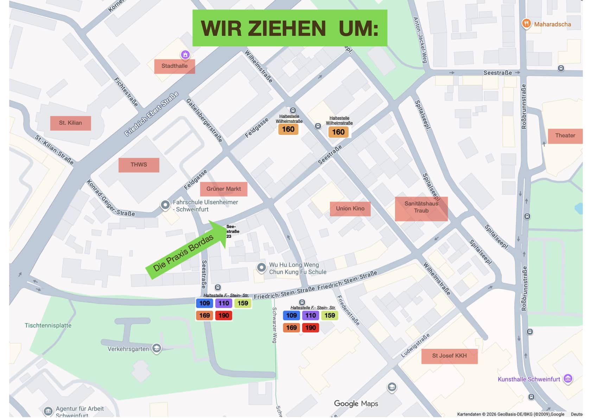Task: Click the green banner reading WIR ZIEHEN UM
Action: pos(289,28)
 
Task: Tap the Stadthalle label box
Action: pos(174,66)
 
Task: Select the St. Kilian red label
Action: pos(70,123)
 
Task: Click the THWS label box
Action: pos(139,165)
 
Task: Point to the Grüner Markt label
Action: pos(223,189)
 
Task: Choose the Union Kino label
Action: pos(350,209)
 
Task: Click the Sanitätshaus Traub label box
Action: pos(421,209)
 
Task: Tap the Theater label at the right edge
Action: pos(565,136)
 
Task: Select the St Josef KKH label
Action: pos(449,356)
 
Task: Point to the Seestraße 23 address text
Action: pos(232,231)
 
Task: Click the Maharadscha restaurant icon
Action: pos(526,24)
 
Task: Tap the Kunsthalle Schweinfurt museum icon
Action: pos(568,379)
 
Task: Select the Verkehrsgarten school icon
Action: pos(157,348)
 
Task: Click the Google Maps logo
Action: pos(356,404)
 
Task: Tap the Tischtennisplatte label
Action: pos(48,326)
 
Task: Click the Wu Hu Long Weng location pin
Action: pos(261,267)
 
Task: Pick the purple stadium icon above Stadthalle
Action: pos(185,54)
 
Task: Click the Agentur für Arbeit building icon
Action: pos(48,411)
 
